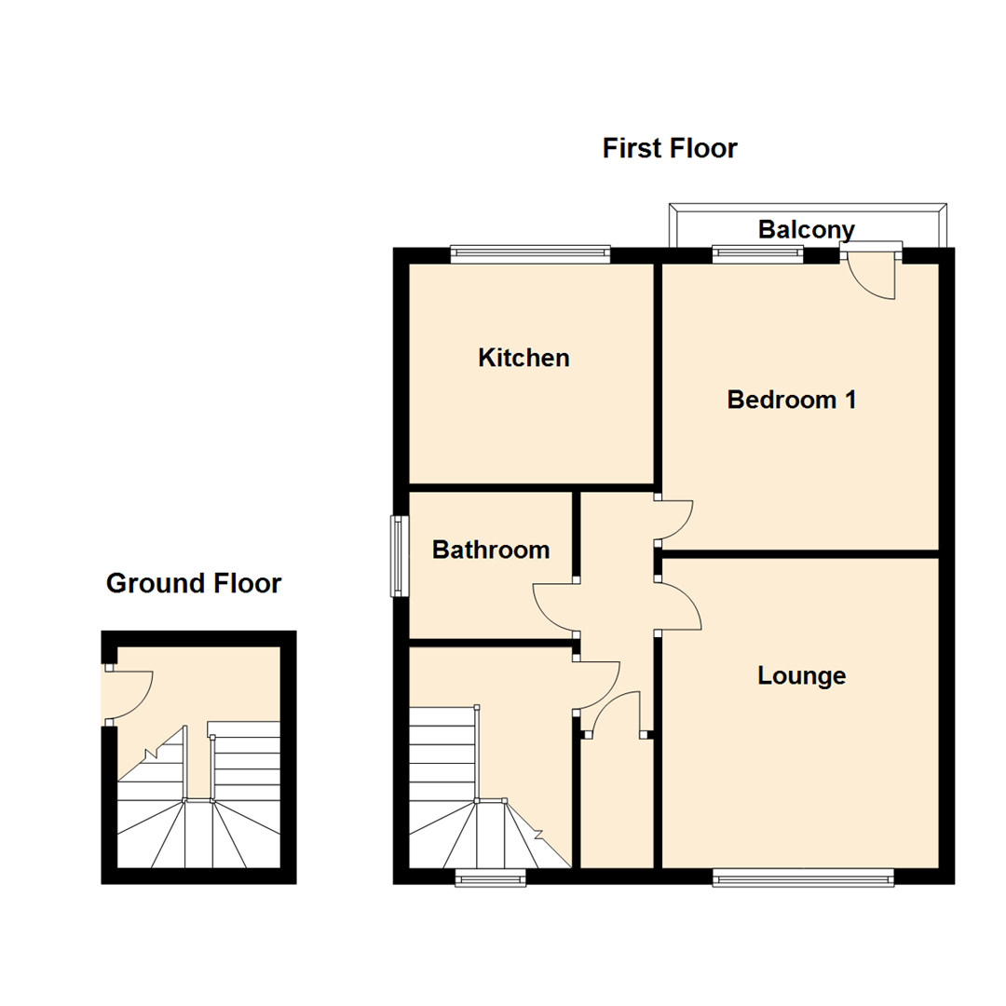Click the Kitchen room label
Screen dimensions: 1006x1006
(x=523, y=358)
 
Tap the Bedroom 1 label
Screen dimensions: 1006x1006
(x=792, y=400)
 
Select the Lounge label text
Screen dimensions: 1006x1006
(x=801, y=675)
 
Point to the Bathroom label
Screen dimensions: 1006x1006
(x=491, y=550)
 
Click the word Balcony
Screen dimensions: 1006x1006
(x=806, y=229)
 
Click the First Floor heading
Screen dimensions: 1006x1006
(x=670, y=148)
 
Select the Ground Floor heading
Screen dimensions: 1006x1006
(x=194, y=584)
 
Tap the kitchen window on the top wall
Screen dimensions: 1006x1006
(x=529, y=251)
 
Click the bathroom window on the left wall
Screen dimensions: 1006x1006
(x=399, y=556)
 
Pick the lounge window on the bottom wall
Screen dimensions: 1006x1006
(x=803, y=875)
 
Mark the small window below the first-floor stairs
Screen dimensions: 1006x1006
(x=490, y=875)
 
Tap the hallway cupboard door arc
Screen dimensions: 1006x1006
(x=613, y=713)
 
